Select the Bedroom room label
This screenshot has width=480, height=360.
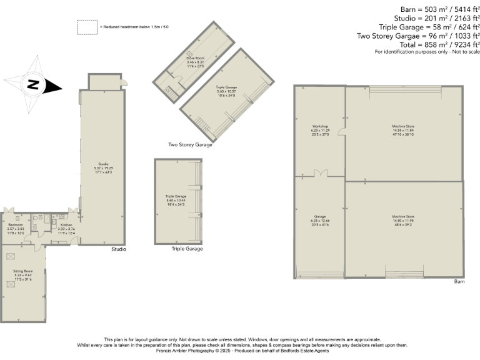(x=16, y=224)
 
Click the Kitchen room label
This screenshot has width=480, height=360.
(x=66, y=224)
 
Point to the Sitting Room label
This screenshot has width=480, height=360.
(x=23, y=271)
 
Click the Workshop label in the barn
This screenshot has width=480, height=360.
(x=320, y=126)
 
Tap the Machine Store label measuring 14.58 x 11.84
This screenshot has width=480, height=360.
(x=403, y=126)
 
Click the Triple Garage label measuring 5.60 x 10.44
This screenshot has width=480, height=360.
(x=176, y=196)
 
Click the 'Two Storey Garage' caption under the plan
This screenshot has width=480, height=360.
(x=190, y=144)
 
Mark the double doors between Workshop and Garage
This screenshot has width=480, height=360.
(x=320, y=174)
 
